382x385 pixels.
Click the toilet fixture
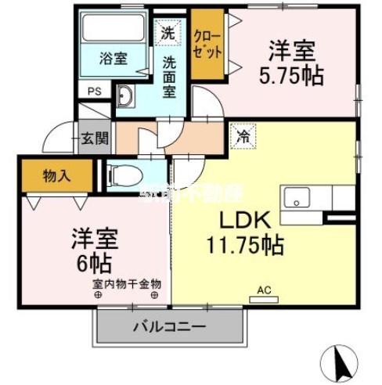(x=129, y=173)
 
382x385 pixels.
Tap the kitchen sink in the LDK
(x=297, y=197)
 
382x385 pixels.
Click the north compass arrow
(x=341, y=361)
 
